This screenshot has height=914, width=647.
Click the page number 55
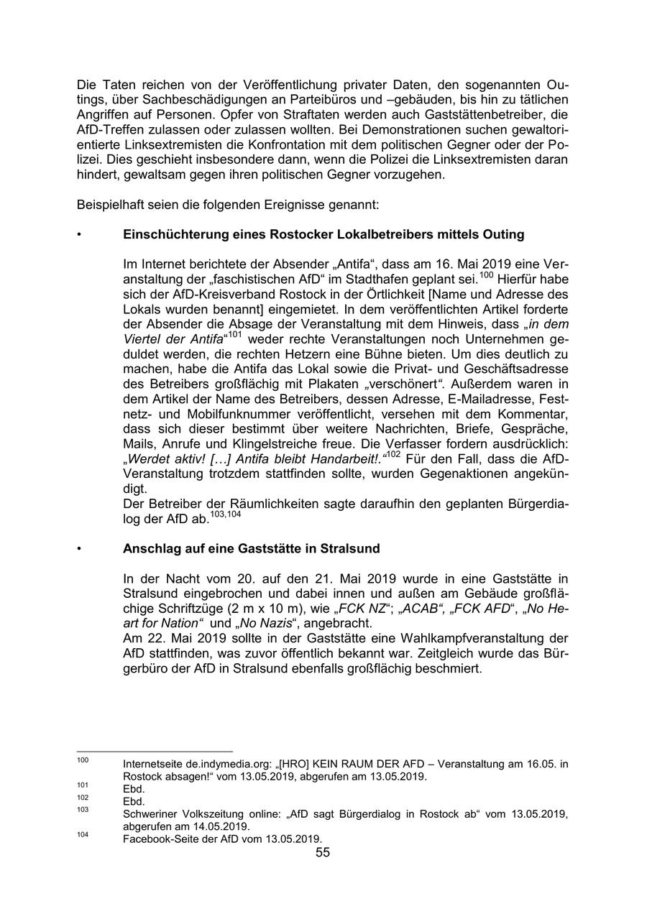323,853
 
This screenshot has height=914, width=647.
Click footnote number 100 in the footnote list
82,760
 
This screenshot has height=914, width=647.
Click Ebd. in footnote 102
134,801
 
